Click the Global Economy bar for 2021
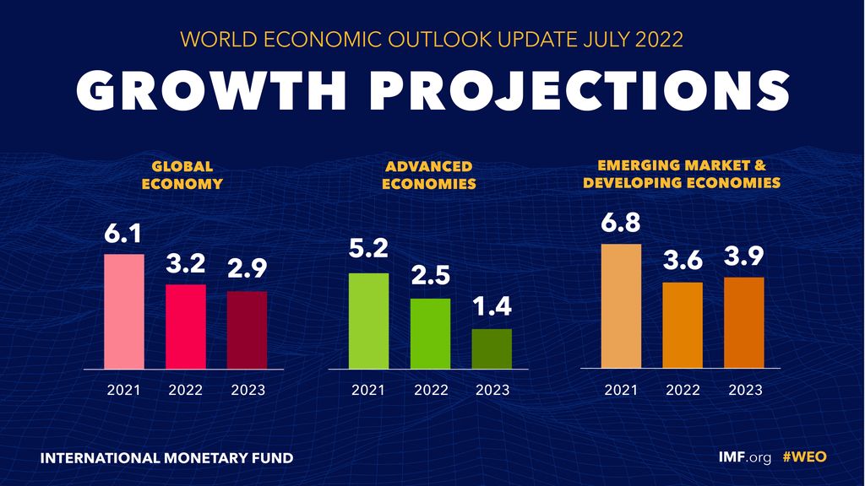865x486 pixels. coord(124,311)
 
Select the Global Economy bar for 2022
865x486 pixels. coord(186,327)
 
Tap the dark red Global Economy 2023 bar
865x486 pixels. coord(247,330)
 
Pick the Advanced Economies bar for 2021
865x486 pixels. coord(369,321)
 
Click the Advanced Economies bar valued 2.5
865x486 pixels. coord(431,333)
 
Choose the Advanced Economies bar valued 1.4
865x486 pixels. coord(492,348)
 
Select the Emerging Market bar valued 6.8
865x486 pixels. coord(621,306)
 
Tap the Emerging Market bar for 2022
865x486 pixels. coord(683,325)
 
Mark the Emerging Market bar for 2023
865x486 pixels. coord(743,322)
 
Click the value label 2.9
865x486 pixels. coord(247,270)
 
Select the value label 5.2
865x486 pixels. coord(368,250)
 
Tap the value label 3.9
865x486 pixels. coord(743,256)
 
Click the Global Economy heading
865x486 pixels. coord(182,175)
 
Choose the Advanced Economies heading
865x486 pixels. coord(429,175)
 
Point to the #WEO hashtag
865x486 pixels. coord(804,457)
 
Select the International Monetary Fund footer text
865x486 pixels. coord(166,458)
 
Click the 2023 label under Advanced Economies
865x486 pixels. coord(492,390)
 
